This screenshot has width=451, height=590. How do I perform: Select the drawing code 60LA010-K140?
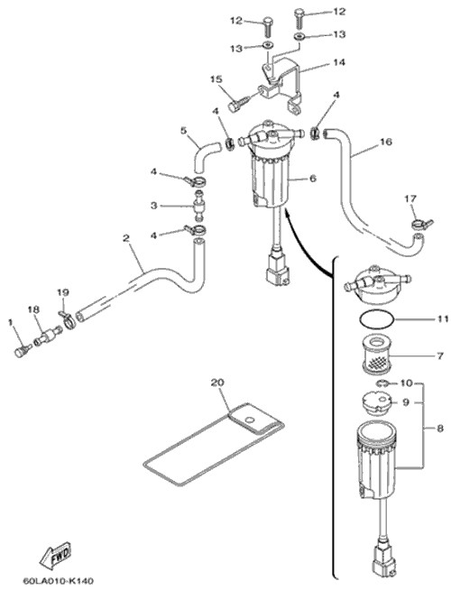click(x=58, y=581)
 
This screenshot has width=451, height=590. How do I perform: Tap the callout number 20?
click(x=217, y=383)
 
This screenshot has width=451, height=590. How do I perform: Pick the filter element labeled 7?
click(x=376, y=355)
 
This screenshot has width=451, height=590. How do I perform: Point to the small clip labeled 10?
click(x=381, y=383)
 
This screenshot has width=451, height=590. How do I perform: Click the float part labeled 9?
click(x=376, y=403)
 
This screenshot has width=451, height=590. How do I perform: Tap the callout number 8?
click(x=439, y=429)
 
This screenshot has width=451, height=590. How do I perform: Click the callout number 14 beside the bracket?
click(x=338, y=62)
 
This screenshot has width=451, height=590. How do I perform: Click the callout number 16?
click(x=385, y=142)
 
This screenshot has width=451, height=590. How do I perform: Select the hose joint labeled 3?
click(x=198, y=206)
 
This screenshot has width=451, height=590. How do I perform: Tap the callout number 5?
click(x=184, y=131)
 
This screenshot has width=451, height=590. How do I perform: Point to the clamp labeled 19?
click(x=68, y=318)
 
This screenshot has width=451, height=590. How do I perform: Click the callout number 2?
click(x=126, y=237)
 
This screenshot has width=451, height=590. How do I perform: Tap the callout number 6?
click(x=312, y=178)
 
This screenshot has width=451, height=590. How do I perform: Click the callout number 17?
click(x=410, y=198)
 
